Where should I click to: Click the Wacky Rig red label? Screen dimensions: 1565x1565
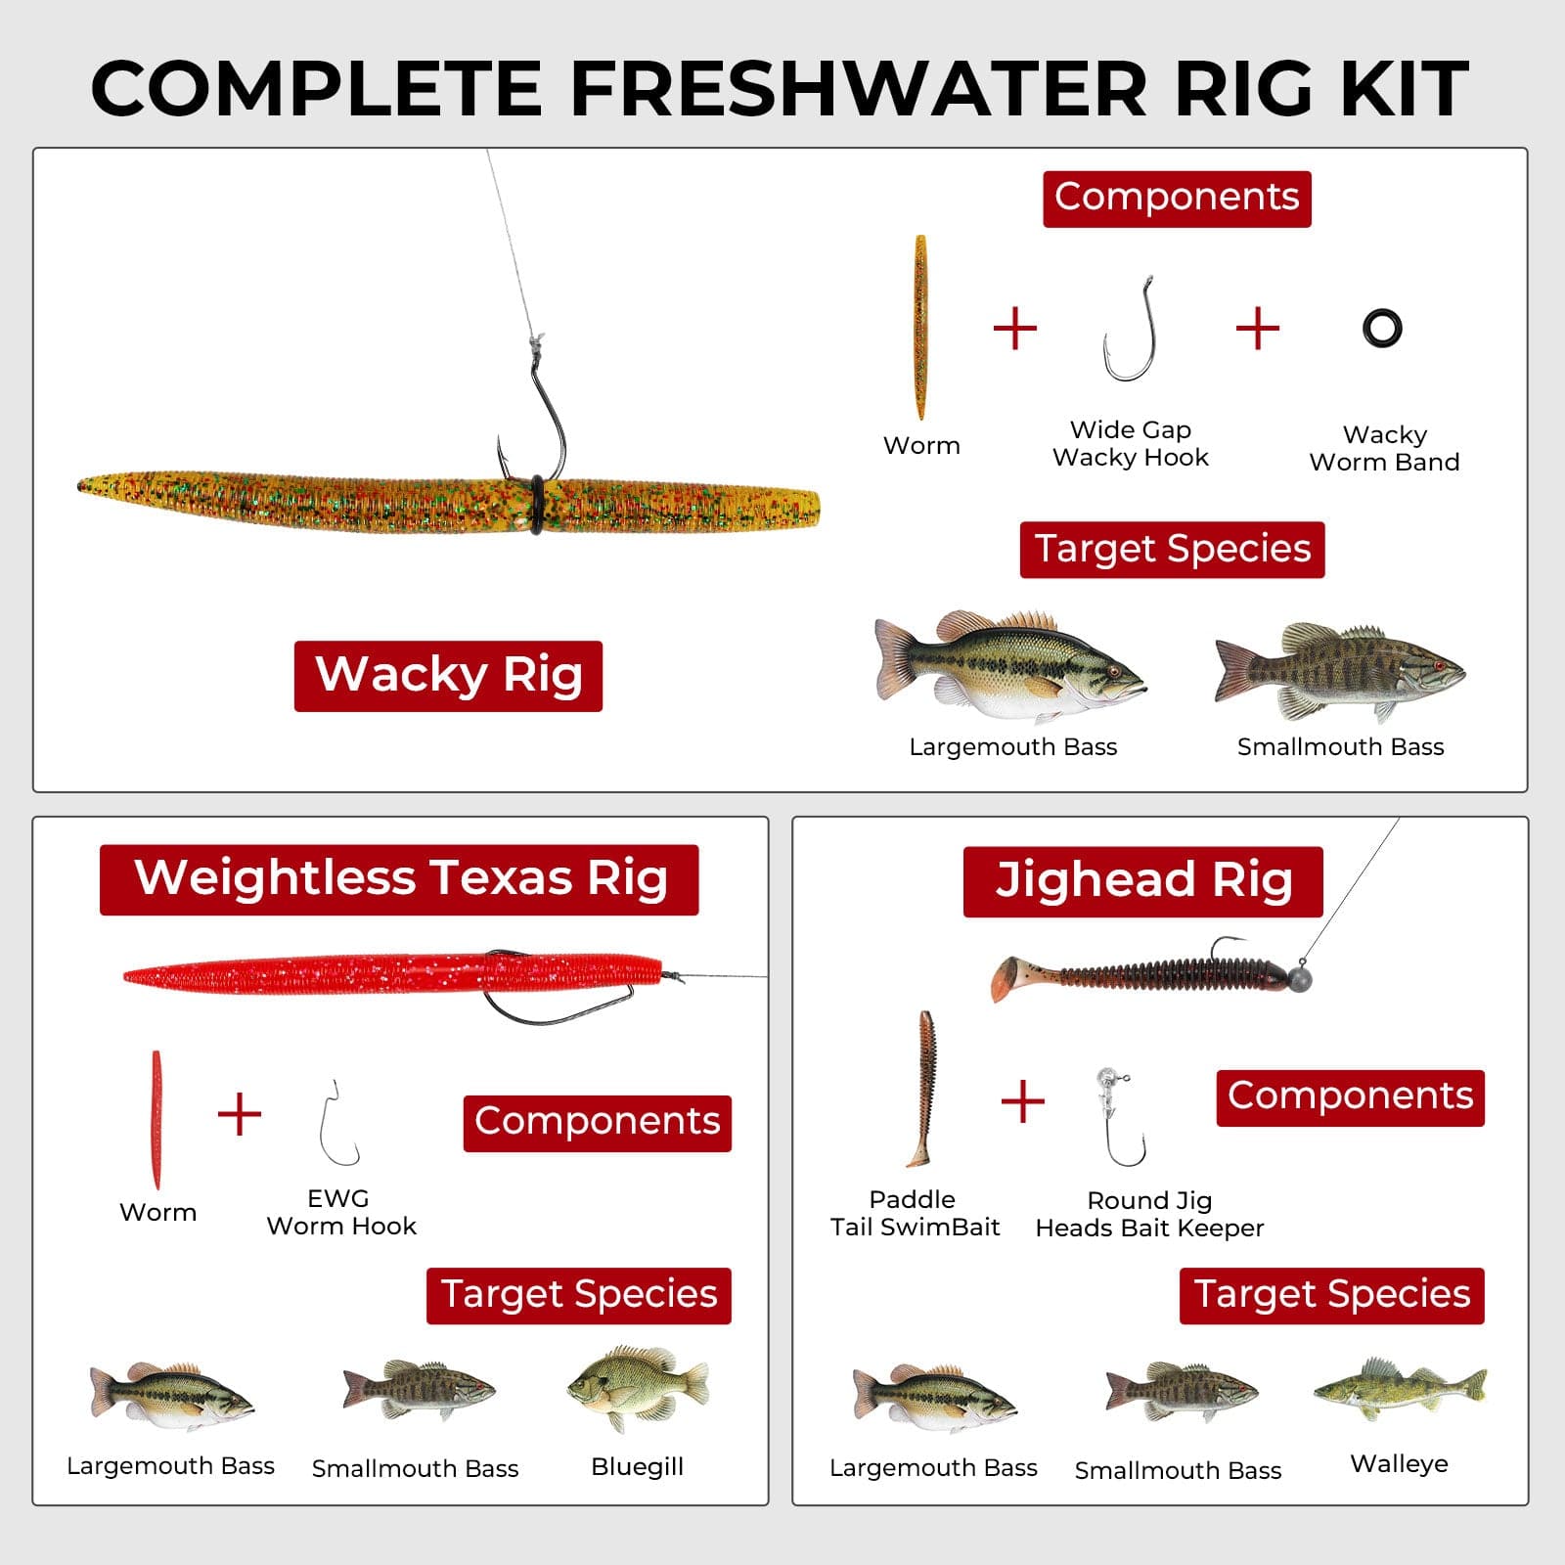click(448, 676)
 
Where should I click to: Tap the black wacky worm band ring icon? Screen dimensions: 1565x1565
click(1382, 329)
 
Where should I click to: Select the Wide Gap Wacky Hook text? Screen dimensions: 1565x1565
click(1131, 443)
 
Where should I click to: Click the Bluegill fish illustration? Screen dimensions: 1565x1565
click(638, 1388)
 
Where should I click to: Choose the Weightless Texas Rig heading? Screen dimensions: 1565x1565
click(399, 879)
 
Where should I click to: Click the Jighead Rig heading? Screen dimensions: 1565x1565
click(1142, 881)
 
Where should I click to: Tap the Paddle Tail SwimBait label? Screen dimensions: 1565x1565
click(915, 1213)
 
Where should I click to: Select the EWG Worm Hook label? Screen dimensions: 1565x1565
click(340, 1212)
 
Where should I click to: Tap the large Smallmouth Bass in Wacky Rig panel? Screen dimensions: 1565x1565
click(1340, 671)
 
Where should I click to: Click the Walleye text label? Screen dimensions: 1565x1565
click(1399, 1463)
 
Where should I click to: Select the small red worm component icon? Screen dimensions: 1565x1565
click(156, 1119)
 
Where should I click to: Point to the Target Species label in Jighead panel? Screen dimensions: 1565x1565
click(1331, 1295)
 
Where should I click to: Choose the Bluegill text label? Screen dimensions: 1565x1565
click(637, 1466)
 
